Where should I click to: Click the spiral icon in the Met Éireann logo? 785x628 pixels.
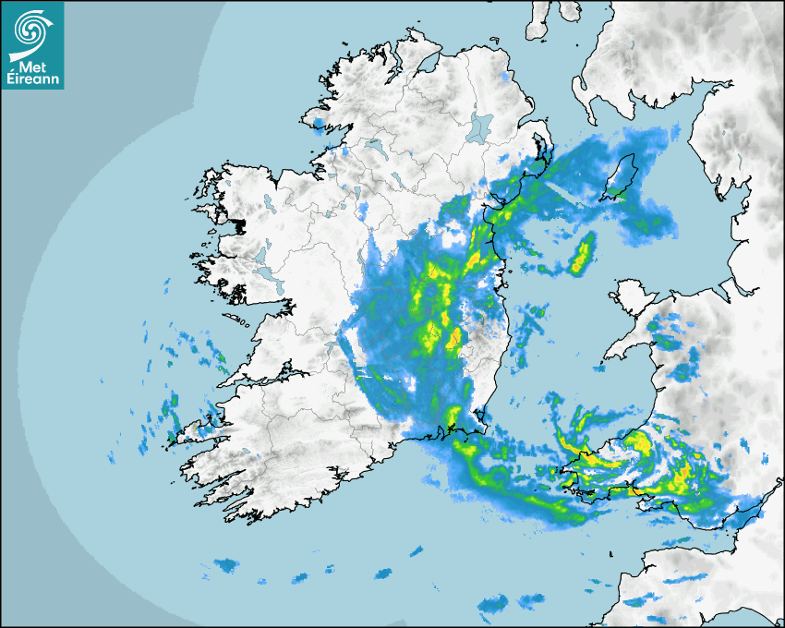(31, 30)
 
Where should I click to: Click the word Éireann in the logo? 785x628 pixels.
(33, 79)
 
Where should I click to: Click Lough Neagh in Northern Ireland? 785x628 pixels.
(480, 127)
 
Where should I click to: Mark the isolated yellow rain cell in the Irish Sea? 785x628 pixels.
(582, 254)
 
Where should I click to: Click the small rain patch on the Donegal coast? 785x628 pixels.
(320, 126)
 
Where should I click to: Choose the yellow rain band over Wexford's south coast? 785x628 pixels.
(453, 420)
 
